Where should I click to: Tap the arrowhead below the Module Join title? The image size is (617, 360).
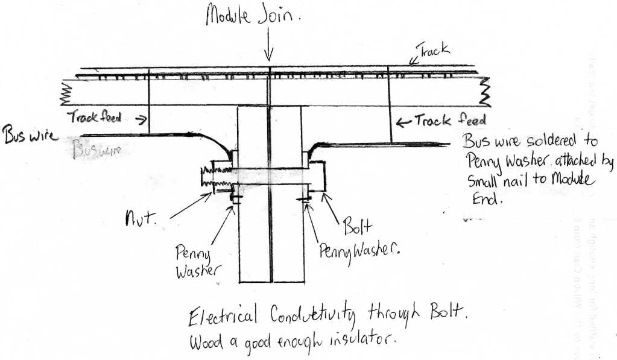[x=269, y=55]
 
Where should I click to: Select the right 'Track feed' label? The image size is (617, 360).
[x=448, y=121]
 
